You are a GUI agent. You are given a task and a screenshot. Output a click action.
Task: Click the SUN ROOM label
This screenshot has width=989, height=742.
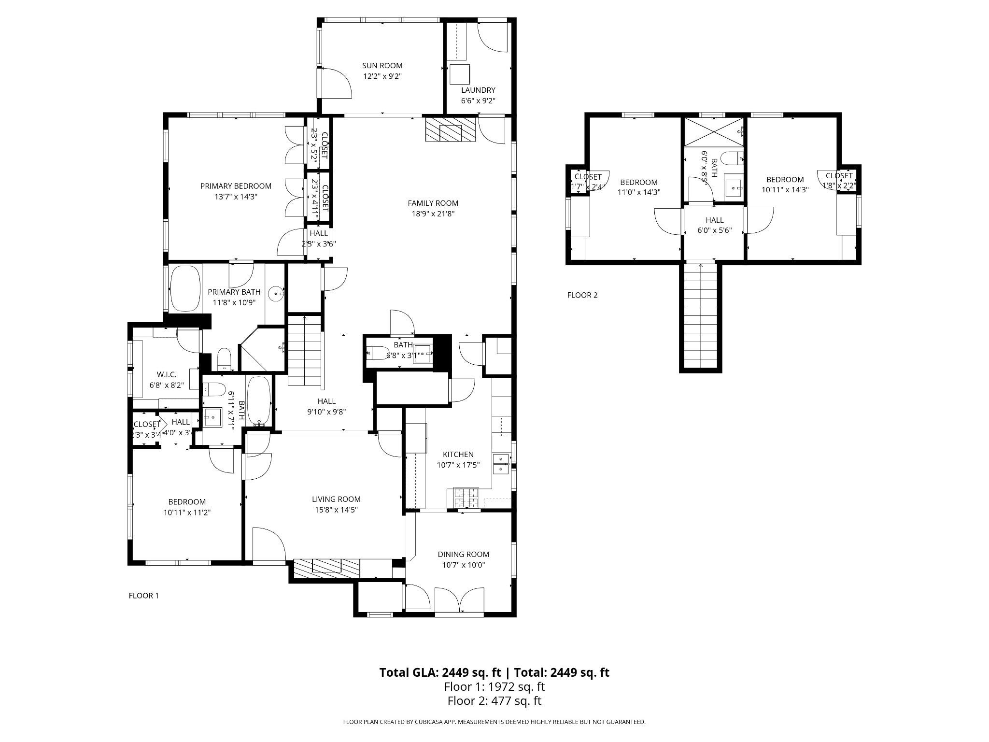coord(382,66)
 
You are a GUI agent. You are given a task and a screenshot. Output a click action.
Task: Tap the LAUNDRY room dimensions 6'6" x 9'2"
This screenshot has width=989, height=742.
coord(478,100)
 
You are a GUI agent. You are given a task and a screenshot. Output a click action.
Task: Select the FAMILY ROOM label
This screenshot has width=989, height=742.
coord(433,203)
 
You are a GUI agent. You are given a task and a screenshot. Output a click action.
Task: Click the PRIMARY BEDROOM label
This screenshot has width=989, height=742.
coord(236,186)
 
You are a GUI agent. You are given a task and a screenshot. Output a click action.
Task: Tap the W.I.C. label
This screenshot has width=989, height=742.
coord(167,374)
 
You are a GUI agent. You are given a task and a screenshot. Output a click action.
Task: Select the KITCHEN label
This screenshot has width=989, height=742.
coord(458,454)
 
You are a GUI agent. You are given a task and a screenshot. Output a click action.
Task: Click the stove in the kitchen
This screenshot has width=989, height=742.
coord(466,498)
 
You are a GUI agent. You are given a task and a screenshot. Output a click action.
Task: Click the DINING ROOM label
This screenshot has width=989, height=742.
coord(463,554)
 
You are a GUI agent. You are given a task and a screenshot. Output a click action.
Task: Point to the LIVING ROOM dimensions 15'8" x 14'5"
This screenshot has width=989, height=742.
coord(336,510)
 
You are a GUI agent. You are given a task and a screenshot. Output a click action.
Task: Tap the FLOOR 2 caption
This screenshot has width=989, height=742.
coord(582,295)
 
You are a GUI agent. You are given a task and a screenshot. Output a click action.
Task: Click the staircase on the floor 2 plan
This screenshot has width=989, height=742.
coord(700,316)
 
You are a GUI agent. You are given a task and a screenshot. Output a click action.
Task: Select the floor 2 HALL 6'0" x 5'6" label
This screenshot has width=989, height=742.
coord(714,225)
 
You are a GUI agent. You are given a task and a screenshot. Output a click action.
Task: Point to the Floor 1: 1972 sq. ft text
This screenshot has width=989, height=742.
coord(494,686)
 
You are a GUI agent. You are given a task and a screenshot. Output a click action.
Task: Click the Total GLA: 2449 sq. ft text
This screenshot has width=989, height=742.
coord(442,672)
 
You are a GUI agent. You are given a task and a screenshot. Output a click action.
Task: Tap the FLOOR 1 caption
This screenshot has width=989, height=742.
coord(143,596)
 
